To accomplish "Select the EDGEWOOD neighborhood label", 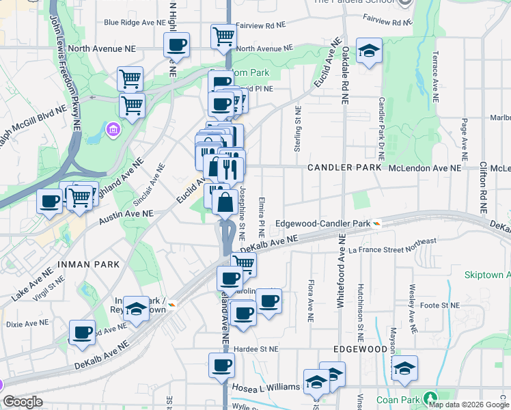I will point(360,349).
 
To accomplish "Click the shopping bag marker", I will point(225,203).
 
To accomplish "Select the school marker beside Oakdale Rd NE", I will point(369,51).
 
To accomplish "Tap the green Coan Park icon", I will point(430,398).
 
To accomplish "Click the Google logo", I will point(23,402).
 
